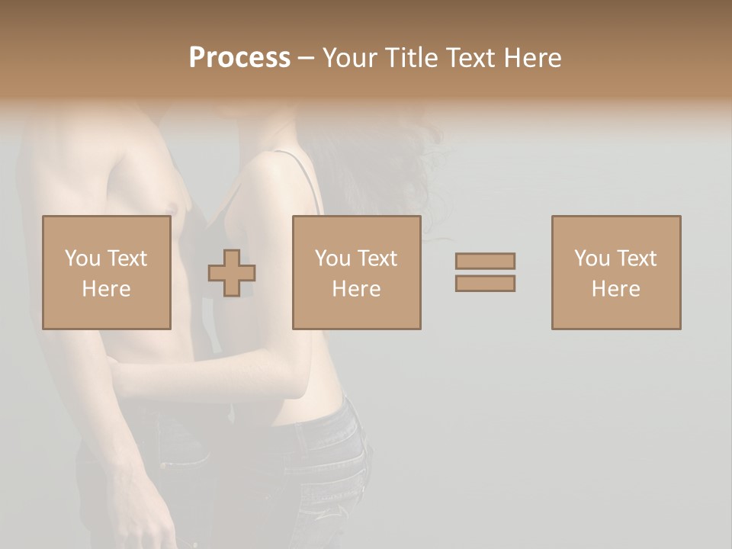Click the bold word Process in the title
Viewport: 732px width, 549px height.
click(239, 58)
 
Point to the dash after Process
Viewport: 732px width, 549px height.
click(306, 59)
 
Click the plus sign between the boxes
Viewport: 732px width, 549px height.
click(232, 273)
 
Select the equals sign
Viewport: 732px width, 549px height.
click(485, 272)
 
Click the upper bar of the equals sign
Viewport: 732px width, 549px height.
click(485, 261)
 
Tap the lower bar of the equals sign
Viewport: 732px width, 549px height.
click(485, 284)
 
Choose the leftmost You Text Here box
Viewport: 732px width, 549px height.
click(106, 272)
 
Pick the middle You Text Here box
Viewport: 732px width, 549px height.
click(356, 272)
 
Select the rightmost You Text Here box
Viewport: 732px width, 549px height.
click(615, 272)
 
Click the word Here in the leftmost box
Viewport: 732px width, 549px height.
click(106, 289)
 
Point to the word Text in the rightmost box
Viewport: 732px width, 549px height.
click(637, 258)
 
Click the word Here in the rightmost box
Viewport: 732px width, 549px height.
click(615, 289)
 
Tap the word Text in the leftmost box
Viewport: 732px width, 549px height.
click(127, 258)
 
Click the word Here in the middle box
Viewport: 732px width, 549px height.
click(356, 289)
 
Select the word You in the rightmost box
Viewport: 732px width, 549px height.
click(592, 258)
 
